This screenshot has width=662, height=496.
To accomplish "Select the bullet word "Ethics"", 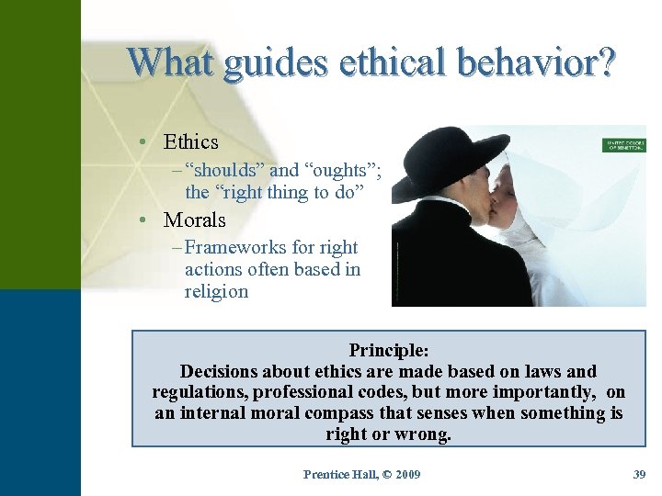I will pyautogui.click(x=190, y=142).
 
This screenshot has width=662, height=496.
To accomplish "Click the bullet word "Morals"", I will pyautogui.click(x=194, y=220).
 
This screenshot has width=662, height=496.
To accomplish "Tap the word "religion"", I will pyautogui.click(x=216, y=292).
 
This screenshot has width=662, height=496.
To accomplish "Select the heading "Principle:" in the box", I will pyautogui.click(x=389, y=350).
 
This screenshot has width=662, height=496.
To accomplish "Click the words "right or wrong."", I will pyautogui.click(x=389, y=434).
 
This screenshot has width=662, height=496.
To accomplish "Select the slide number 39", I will pyautogui.click(x=639, y=475).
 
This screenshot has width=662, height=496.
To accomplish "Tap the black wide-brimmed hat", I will pyautogui.click(x=442, y=165).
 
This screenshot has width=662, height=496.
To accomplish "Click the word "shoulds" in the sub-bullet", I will pyautogui.click(x=224, y=170).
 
